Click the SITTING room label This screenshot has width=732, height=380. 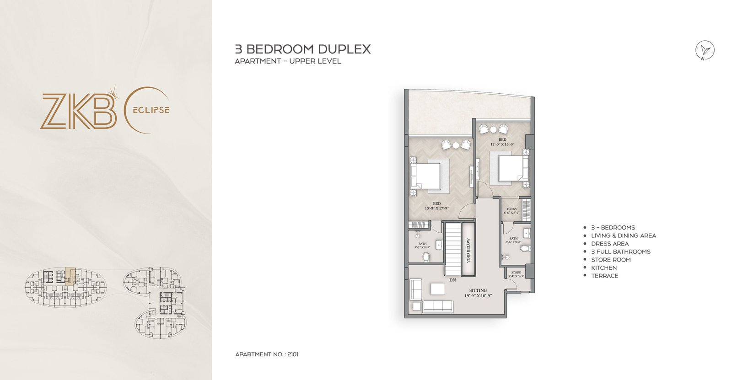pos(478,290)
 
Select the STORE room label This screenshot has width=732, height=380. pos(516,273)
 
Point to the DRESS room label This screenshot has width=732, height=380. pos(511,209)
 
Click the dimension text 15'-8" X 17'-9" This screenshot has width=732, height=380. pos(436,209)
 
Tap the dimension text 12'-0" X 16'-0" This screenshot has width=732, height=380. pos(502,145)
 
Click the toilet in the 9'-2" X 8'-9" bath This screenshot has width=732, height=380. pos(426,257)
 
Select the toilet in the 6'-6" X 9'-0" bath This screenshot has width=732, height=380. pos(524,249)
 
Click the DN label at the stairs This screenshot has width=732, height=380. pos(452,280)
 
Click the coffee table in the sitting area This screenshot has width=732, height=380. pos(437,289)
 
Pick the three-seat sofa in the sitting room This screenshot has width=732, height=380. pos(437,306)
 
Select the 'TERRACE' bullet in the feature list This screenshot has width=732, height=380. pos(604,276)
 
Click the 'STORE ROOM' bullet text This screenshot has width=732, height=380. pos(611,260)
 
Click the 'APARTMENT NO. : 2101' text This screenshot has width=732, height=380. pos(267,354)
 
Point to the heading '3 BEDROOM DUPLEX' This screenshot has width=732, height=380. pos(302,49)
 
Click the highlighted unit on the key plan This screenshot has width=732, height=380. pos(70,277)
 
